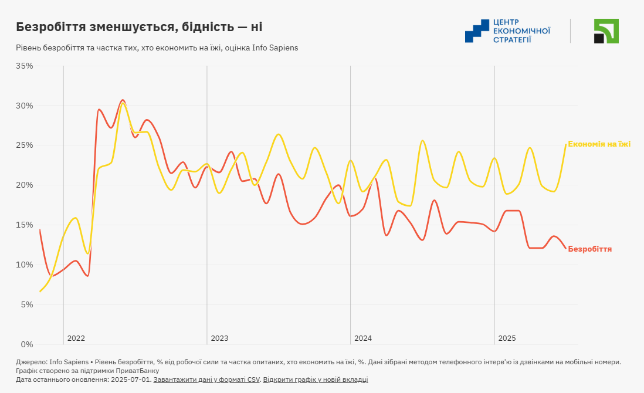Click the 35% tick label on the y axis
[24, 66]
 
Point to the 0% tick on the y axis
[26, 344]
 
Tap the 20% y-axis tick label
[24, 185]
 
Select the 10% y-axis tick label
[24, 265]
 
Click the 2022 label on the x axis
[76, 338]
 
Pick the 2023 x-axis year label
[219, 338]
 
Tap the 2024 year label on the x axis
[363, 338]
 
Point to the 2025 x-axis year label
[507, 338]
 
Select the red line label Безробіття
[590, 249]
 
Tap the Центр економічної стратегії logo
[507, 31]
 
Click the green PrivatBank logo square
[606, 31]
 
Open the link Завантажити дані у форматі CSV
[206, 380]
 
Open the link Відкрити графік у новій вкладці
[316, 380]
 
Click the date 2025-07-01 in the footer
[132, 380]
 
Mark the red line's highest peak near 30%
[123, 100]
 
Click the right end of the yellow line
[566, 144]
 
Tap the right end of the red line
[566, 249]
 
